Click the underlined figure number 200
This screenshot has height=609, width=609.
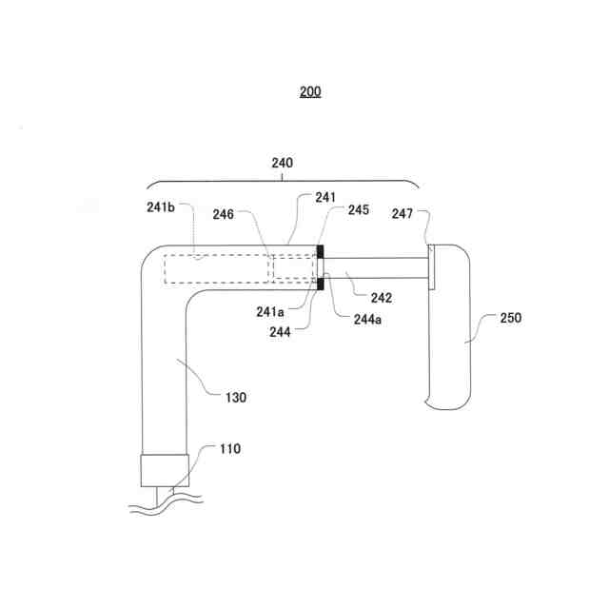(309, 92)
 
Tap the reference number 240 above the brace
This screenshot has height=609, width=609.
(282, 163)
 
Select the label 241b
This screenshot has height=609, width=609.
(160, 206)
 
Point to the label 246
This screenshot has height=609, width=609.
(221, 215)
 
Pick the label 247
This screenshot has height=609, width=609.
(403, 215)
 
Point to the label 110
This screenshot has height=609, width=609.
(229, 448)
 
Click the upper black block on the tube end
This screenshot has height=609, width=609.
(322, 252)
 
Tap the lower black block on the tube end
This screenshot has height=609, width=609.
(322, 283)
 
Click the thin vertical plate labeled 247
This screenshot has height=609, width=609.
(431, 266)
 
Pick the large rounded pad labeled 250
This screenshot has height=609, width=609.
(450, 324)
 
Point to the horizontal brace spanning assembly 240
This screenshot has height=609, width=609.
(282, 182)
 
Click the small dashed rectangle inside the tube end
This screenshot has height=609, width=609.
(294, 267)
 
